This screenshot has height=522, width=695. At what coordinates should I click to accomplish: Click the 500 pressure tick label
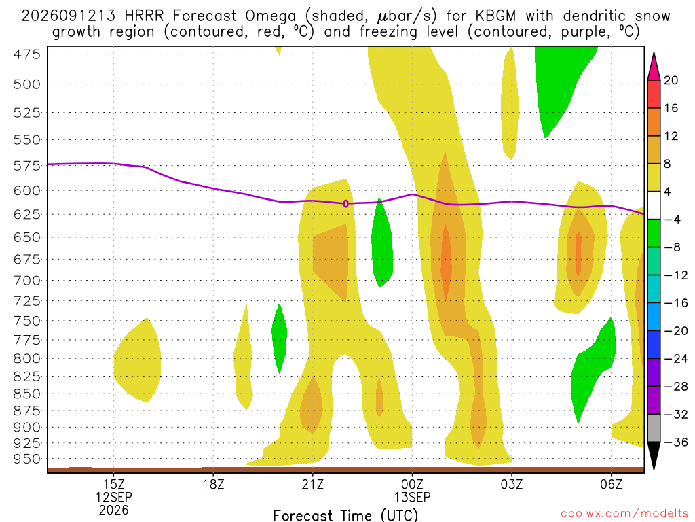[26, 84]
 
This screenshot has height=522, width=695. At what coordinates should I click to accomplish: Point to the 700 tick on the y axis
[26, 281]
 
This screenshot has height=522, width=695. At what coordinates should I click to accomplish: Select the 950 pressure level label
[26, 459]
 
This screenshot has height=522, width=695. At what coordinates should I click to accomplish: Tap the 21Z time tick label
[313, 484]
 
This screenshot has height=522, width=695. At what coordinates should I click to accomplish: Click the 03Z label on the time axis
[512, 484]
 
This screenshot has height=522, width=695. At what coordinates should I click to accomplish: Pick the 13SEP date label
[412, 497]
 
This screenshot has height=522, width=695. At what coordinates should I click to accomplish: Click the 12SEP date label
[114, 497]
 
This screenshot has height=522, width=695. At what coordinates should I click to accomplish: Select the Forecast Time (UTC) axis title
[345, 515]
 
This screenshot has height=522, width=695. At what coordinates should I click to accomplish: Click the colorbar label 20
[671, 80]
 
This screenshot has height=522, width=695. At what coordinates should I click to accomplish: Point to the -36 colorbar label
[676, 442]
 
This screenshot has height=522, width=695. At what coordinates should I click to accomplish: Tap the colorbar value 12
[671, 136]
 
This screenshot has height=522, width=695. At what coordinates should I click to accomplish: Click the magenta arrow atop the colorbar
[654, 66]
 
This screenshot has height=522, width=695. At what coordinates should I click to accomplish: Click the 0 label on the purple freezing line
[345, 204]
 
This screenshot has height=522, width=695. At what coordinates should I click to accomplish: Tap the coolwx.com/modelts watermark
[624, 514]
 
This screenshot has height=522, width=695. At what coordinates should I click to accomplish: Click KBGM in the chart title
[496, 16]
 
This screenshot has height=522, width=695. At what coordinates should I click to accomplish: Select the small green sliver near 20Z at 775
[279, 338]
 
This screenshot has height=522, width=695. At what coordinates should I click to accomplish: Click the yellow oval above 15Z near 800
[137, 360]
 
